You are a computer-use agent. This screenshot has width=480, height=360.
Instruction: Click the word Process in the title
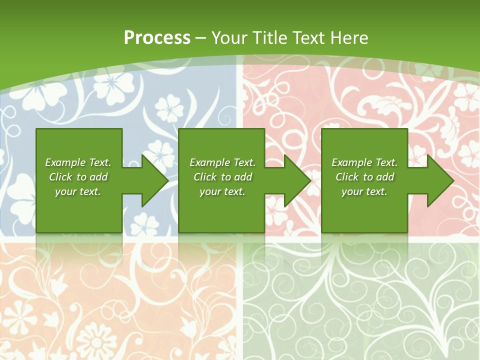157,38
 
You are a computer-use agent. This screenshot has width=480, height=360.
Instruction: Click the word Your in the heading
229,38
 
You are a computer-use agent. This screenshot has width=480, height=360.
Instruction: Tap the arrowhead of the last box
440,180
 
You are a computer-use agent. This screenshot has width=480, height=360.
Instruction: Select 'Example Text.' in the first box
78,162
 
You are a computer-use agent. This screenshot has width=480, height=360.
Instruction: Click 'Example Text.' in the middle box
222,162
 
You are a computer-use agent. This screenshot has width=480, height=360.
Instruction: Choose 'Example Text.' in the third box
364,162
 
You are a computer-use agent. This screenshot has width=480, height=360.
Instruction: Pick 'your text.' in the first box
78,191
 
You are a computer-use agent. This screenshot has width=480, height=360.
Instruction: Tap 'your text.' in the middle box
222,191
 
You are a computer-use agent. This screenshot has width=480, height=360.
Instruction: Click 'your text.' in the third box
364,191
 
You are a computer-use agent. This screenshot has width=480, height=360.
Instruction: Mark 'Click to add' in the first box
78,177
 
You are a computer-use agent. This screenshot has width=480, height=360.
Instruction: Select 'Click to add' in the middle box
222,177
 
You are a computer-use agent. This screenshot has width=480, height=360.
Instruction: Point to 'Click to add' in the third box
364,177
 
